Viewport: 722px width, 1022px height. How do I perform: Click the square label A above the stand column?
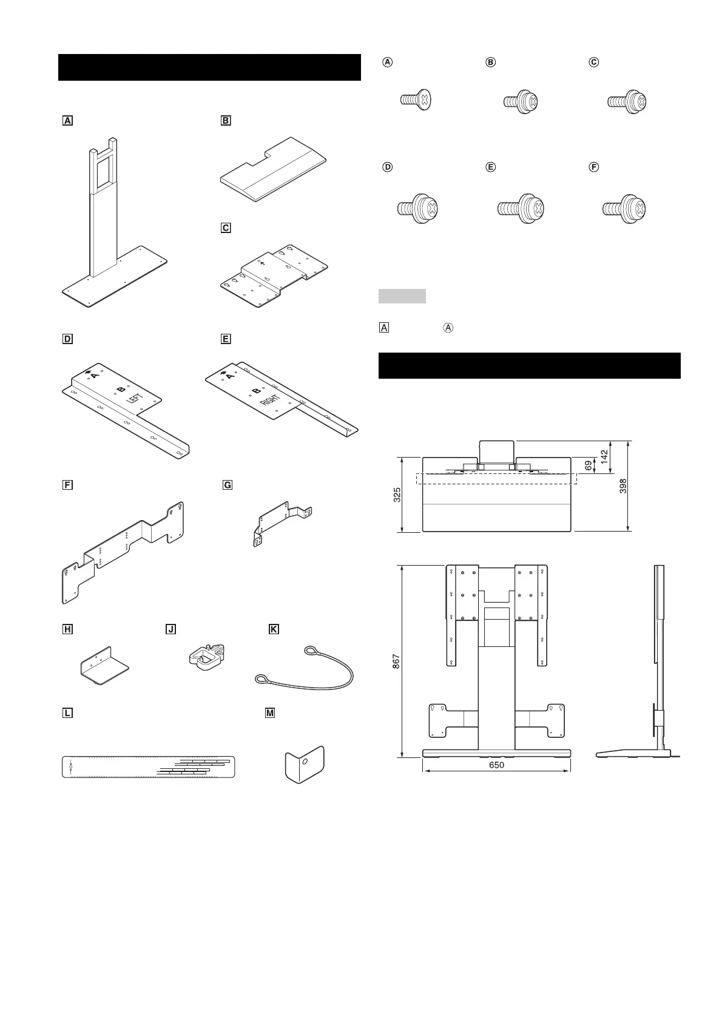coord(67,121)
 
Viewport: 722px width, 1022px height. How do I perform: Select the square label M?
coord(271,713)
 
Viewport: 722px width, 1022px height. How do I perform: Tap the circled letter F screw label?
coord(595,167)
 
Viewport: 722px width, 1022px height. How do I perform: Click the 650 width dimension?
coord(496,765)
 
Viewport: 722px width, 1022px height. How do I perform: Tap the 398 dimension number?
coord(624,486)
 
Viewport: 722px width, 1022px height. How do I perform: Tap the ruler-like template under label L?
coord(148,767)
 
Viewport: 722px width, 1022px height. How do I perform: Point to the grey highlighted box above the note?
coord(402,296)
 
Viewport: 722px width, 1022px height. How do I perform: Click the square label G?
coord(228,485)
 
